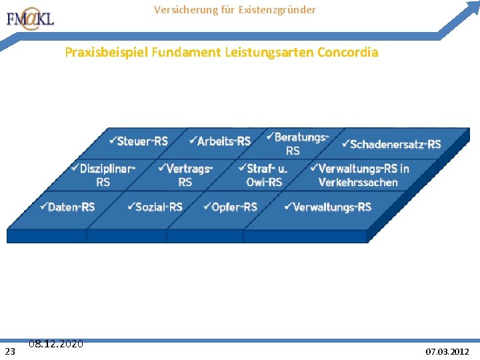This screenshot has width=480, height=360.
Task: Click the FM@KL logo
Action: [x=30, y=19]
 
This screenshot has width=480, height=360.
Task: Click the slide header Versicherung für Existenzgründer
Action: [x=235, y=10]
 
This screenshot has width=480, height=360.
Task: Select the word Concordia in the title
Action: [x=349, y=52]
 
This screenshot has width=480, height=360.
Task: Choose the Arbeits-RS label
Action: [x=220, y=141]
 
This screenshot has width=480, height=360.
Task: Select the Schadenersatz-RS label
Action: [x=391, y=144]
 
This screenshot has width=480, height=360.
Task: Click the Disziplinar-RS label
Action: [x=103, y=175]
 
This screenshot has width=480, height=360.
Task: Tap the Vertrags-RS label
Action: [x=186, y=175]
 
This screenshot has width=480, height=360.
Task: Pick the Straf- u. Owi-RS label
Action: [x=263, y=175]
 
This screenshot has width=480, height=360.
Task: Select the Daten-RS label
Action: [x=67, y=207]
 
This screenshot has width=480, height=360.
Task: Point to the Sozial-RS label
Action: [x=155, y=207]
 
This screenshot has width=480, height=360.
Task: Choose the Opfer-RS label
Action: [x=231, y=207]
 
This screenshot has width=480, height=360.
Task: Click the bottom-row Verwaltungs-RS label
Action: [x=328, y=207]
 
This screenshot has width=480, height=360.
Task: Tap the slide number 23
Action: [x=10, y=351]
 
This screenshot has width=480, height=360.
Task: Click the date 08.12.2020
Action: [x=56, y=344]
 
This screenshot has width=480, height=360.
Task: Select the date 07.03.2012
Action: [x=447, y=351]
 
